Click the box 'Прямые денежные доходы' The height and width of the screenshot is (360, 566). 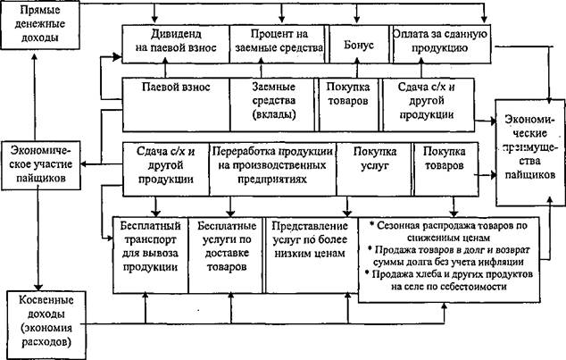[x=39, y=24]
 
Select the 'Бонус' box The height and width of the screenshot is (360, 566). [x=359, y=45]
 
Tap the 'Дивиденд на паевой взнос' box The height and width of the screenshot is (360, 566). [x=176, y=45]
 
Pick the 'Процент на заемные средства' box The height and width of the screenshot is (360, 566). [x=279, y=45]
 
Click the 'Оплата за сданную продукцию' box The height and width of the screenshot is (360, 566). [x=442, y=45]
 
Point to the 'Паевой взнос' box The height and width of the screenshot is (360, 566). [x=176, y=105]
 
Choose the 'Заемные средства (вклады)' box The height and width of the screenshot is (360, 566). [x=272, y=105]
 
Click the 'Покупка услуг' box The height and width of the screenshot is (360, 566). [x=374, y=169]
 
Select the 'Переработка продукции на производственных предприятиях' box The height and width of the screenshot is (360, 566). [x=272, y=169]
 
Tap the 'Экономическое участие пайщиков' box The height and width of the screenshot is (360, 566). [x=41, y=165]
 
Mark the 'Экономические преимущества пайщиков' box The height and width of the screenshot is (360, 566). [x=530, y=153]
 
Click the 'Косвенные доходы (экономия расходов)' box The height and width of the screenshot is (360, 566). [x=46, y=325]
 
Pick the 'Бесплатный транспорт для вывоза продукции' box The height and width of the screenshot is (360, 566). [x=150, y=255]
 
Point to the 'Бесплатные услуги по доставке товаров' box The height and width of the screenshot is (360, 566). [x=227, y=255]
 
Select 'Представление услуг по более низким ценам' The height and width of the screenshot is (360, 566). [x=311, y=255]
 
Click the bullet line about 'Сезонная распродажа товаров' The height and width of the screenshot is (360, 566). [x=448, y=231]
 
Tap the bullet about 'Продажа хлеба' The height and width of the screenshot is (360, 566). [x=449, y=280]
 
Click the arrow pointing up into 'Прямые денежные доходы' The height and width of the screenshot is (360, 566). [x=35, y=96]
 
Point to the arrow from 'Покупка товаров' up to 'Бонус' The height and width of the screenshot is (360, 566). [x=357, y=68]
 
